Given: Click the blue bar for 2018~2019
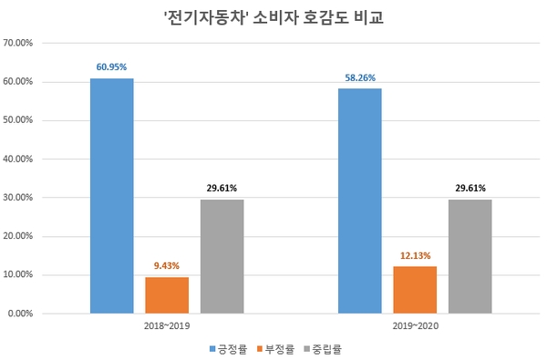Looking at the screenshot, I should tap(111, 196).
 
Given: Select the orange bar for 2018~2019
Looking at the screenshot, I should tap(167, 295).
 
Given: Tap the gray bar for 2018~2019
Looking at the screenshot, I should tap(222, 256).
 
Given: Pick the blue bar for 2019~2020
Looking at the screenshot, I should tap(359, 201).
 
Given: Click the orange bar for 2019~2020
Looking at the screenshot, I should tap(415, 290).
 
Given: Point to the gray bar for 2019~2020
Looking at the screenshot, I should tap(470, 256).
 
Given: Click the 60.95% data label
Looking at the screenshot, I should tap(111, 67).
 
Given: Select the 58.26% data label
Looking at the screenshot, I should tap(359, 77).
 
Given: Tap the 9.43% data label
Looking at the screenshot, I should tap(167, 266).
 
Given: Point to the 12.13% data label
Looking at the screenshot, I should tap(415, 255).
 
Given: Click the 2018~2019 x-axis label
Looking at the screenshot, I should tap(167, 325).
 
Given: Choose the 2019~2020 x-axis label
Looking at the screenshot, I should tap(415, 325).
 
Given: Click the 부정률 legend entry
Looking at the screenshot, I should tap(278, 348).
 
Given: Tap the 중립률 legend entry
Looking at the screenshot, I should tap(325, 348).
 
